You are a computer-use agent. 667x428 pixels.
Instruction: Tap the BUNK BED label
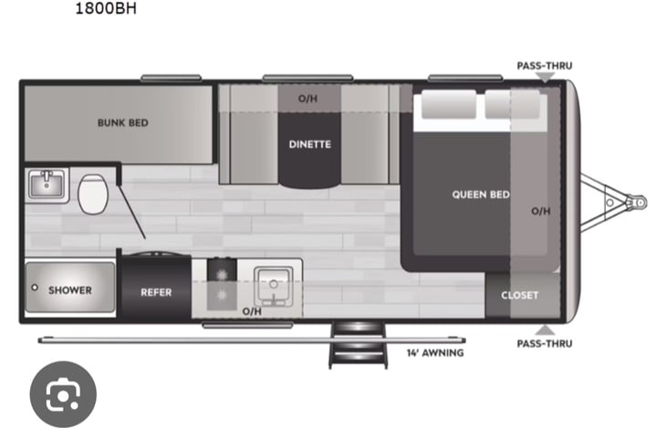[x=122, y=122]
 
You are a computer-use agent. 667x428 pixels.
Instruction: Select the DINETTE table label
[x=309, y=144]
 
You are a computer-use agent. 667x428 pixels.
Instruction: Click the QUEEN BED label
[x=480, y=194]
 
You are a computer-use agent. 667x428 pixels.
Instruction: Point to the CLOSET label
[x=519, y=295]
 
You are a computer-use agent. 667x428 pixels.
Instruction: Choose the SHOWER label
[x=70, y=290]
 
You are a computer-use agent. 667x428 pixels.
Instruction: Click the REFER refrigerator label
[x=156, y=293]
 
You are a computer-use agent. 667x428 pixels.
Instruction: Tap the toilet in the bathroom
[x=92, y=194]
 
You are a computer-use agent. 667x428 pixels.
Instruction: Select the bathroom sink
[x=42, y=185]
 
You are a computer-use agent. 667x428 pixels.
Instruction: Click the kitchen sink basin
[x=271, y=287]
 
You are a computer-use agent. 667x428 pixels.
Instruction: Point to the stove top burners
[x=222, y=283]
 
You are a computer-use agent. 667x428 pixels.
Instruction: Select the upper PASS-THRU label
[x=545, y=66]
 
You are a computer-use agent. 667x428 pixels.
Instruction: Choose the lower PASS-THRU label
[x=545, y=343]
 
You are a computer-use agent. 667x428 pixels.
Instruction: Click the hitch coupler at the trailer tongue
[x=638, y=201]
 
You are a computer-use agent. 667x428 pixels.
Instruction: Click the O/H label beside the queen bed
[x=541, y=211]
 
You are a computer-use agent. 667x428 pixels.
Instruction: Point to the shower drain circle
[x=35, y=287]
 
